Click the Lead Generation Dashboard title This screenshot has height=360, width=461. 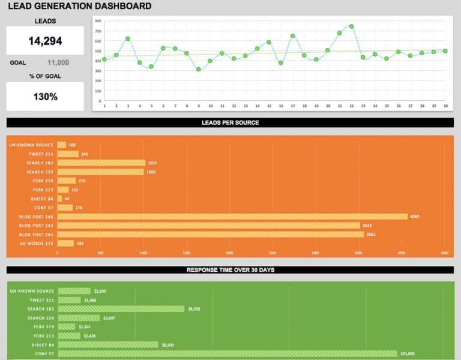tap(80, 7)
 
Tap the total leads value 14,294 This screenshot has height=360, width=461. tap(45, 41)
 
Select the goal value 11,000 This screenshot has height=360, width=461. tap(58, 62)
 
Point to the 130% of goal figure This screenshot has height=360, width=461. tap(45, 97)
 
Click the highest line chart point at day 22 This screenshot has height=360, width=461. tap(351, 26)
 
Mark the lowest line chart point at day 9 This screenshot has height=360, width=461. tap(199, 70)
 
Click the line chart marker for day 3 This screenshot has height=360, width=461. tap(128, 38)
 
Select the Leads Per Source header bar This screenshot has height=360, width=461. tap(230, 123)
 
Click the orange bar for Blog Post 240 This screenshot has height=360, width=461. tap(232, 217)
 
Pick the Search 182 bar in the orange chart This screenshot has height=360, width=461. tap(101, 163)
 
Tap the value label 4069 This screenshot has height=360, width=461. tap(414, 217)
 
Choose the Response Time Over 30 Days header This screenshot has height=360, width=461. tap(230, 270)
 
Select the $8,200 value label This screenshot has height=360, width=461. tap(194, 309)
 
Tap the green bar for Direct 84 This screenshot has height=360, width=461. tap(107, 345)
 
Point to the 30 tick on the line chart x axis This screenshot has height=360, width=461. tap(445, 106)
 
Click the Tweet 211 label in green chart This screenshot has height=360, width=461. tap(41, 300)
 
